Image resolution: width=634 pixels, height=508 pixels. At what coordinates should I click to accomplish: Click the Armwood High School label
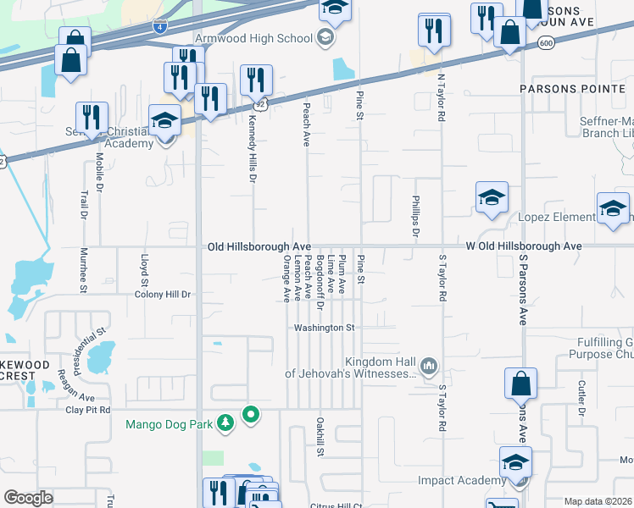(x=253, y=38)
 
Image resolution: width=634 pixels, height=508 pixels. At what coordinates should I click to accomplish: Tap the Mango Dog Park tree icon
(x=225, y=422)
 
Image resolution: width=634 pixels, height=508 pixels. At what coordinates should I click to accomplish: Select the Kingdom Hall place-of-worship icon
(x=429, y=366)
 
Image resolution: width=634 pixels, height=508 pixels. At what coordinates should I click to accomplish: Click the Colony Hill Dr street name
(x=163, y=295)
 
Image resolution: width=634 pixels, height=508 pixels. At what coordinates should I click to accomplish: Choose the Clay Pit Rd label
(x=87, y=410)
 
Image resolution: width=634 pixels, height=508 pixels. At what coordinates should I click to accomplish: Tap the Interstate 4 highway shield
(x=159, y=27)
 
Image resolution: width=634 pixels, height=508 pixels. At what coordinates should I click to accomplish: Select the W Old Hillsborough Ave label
(x=523, y=246)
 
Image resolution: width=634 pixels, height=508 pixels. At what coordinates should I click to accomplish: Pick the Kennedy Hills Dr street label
(x=252, y=150)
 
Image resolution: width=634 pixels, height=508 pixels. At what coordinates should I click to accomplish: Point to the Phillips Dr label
(x=415, y=217)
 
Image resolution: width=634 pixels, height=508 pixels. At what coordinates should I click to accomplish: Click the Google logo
(x=28, y=498)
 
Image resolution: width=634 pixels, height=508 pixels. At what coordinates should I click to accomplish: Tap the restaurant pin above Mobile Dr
(x=91, y=118)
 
